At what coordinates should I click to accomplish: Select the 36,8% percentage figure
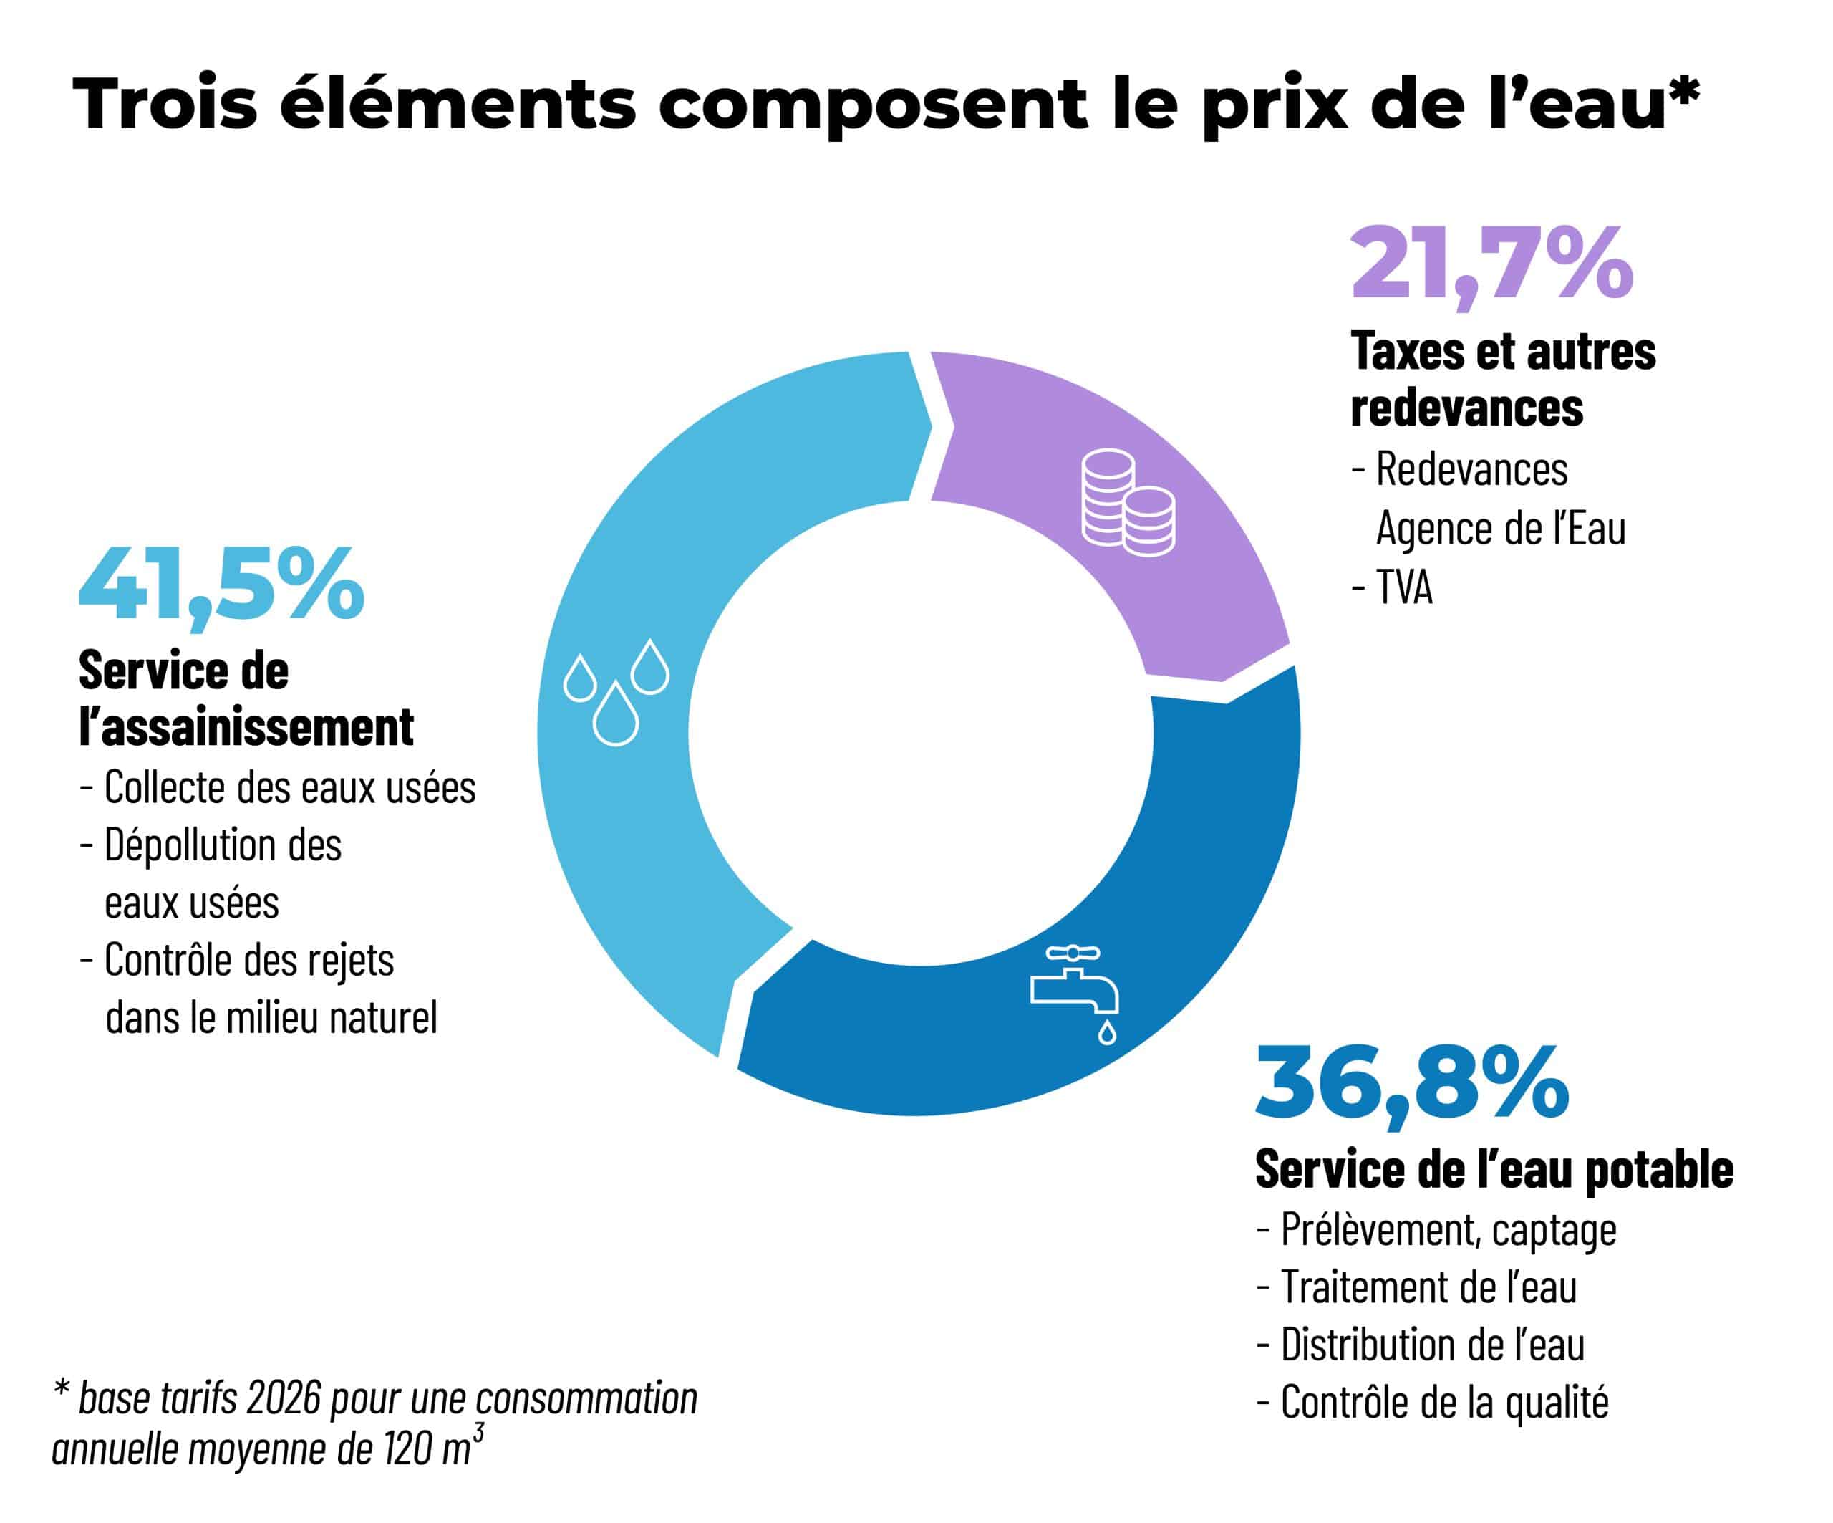point(1412,1085)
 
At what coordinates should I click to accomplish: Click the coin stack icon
point(1128,503)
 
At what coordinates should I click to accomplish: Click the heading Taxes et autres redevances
point(1503,379)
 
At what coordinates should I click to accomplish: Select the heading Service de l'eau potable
point(1494,1168)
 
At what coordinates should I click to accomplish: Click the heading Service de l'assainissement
point(246,698)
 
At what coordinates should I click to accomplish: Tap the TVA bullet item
point(1392,587)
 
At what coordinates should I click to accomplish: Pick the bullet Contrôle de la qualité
point(1432,1403)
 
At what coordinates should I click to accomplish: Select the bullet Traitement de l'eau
point(1417,1287)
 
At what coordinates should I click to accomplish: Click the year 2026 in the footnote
point(284,1399)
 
